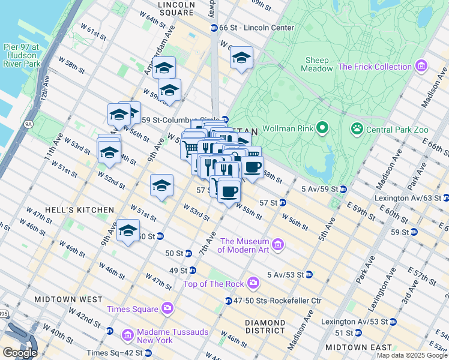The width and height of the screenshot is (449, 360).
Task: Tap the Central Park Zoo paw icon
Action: (357, 128)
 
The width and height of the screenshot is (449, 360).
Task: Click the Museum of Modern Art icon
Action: (277, 244)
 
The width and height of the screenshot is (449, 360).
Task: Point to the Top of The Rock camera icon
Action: (253, 283)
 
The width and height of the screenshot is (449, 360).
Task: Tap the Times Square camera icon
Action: (167, 308)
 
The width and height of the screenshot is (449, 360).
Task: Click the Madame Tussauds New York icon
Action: (127, 335)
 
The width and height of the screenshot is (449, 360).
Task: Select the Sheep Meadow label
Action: (317, 64)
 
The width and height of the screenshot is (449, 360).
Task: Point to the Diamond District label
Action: (265, 326)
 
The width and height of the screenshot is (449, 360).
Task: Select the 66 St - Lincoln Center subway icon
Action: (214, 28)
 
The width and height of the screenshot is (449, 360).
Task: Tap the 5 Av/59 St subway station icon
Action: (343, 190)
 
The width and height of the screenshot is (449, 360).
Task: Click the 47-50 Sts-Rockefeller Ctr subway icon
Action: (229, 301)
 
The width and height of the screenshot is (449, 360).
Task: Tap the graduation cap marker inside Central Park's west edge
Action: (241, 58)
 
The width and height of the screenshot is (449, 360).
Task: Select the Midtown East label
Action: (358, 347)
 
